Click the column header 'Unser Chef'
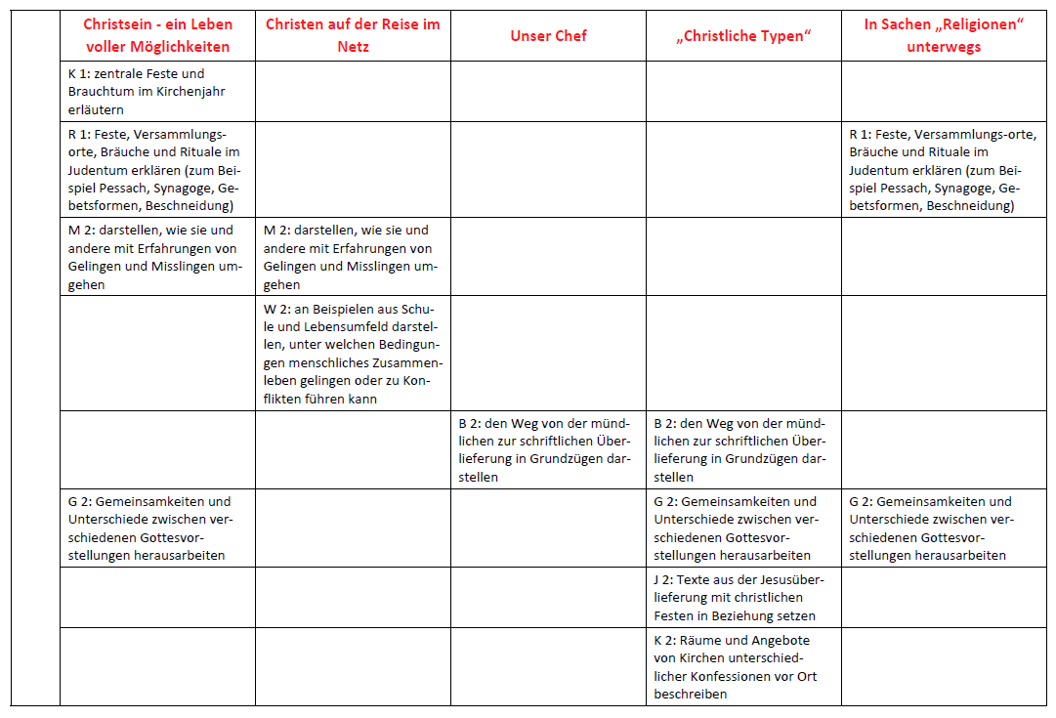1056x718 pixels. (x=548, y=36)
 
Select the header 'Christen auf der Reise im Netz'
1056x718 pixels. (x=353, y=34)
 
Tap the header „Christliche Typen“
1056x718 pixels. (x=743, y=36)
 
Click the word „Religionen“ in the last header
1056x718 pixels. (x=982, y=24)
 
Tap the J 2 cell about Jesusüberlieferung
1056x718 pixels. (x=742, y=598)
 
